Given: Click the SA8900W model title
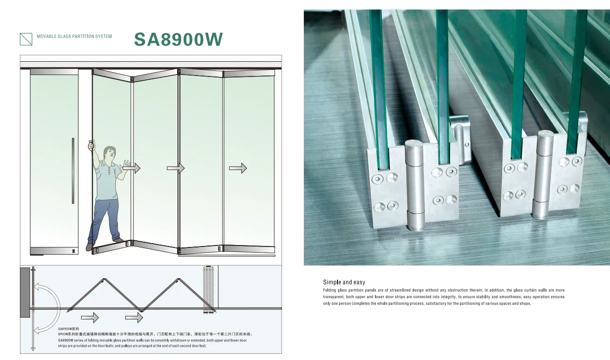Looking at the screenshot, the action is click(x=178, y=39).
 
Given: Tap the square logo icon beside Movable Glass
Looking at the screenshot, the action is click(x=26, y=39).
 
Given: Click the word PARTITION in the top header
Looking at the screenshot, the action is click(x=83, y=36).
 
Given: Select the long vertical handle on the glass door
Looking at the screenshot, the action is click(x=73, y=171).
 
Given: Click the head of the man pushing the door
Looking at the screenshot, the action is click(x=109, y=153).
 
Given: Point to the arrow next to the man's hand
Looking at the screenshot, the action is click(x=131, y=168).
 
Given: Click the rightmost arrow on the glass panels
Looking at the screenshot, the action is click(x=238, y=168).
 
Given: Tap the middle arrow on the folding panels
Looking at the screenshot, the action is click(x=176, y=168).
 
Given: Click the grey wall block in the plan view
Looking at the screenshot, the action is click(x=25, y=293).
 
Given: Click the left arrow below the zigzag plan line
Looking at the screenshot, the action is click(x=90, y=317).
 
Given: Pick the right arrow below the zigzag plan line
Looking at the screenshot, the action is click(x=134, y=317).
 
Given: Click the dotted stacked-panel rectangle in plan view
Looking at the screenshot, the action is click(x=208, y=290).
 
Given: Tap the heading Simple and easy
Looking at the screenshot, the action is click(x=344, y=282).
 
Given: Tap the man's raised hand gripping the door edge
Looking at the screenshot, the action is click(x=92, y=145).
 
